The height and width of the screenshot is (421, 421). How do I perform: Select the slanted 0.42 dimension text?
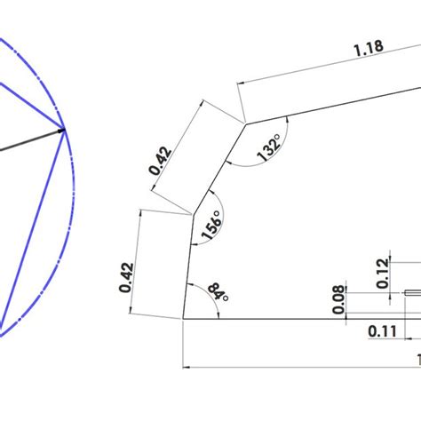click(159, 158)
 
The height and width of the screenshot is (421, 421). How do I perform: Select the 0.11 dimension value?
click(382, 331)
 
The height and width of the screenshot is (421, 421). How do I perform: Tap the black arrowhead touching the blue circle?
click(60, 131)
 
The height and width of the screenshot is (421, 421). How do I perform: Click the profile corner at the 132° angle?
click(245, 123)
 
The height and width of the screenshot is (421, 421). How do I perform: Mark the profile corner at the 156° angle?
click(194, 213)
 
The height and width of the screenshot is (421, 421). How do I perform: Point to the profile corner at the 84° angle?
click(183, 317)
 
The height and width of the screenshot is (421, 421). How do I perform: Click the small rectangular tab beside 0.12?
click(413, 291)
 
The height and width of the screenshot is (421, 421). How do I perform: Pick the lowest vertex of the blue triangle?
click(3, 335)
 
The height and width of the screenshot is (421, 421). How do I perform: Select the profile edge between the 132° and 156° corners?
click(219, 168)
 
